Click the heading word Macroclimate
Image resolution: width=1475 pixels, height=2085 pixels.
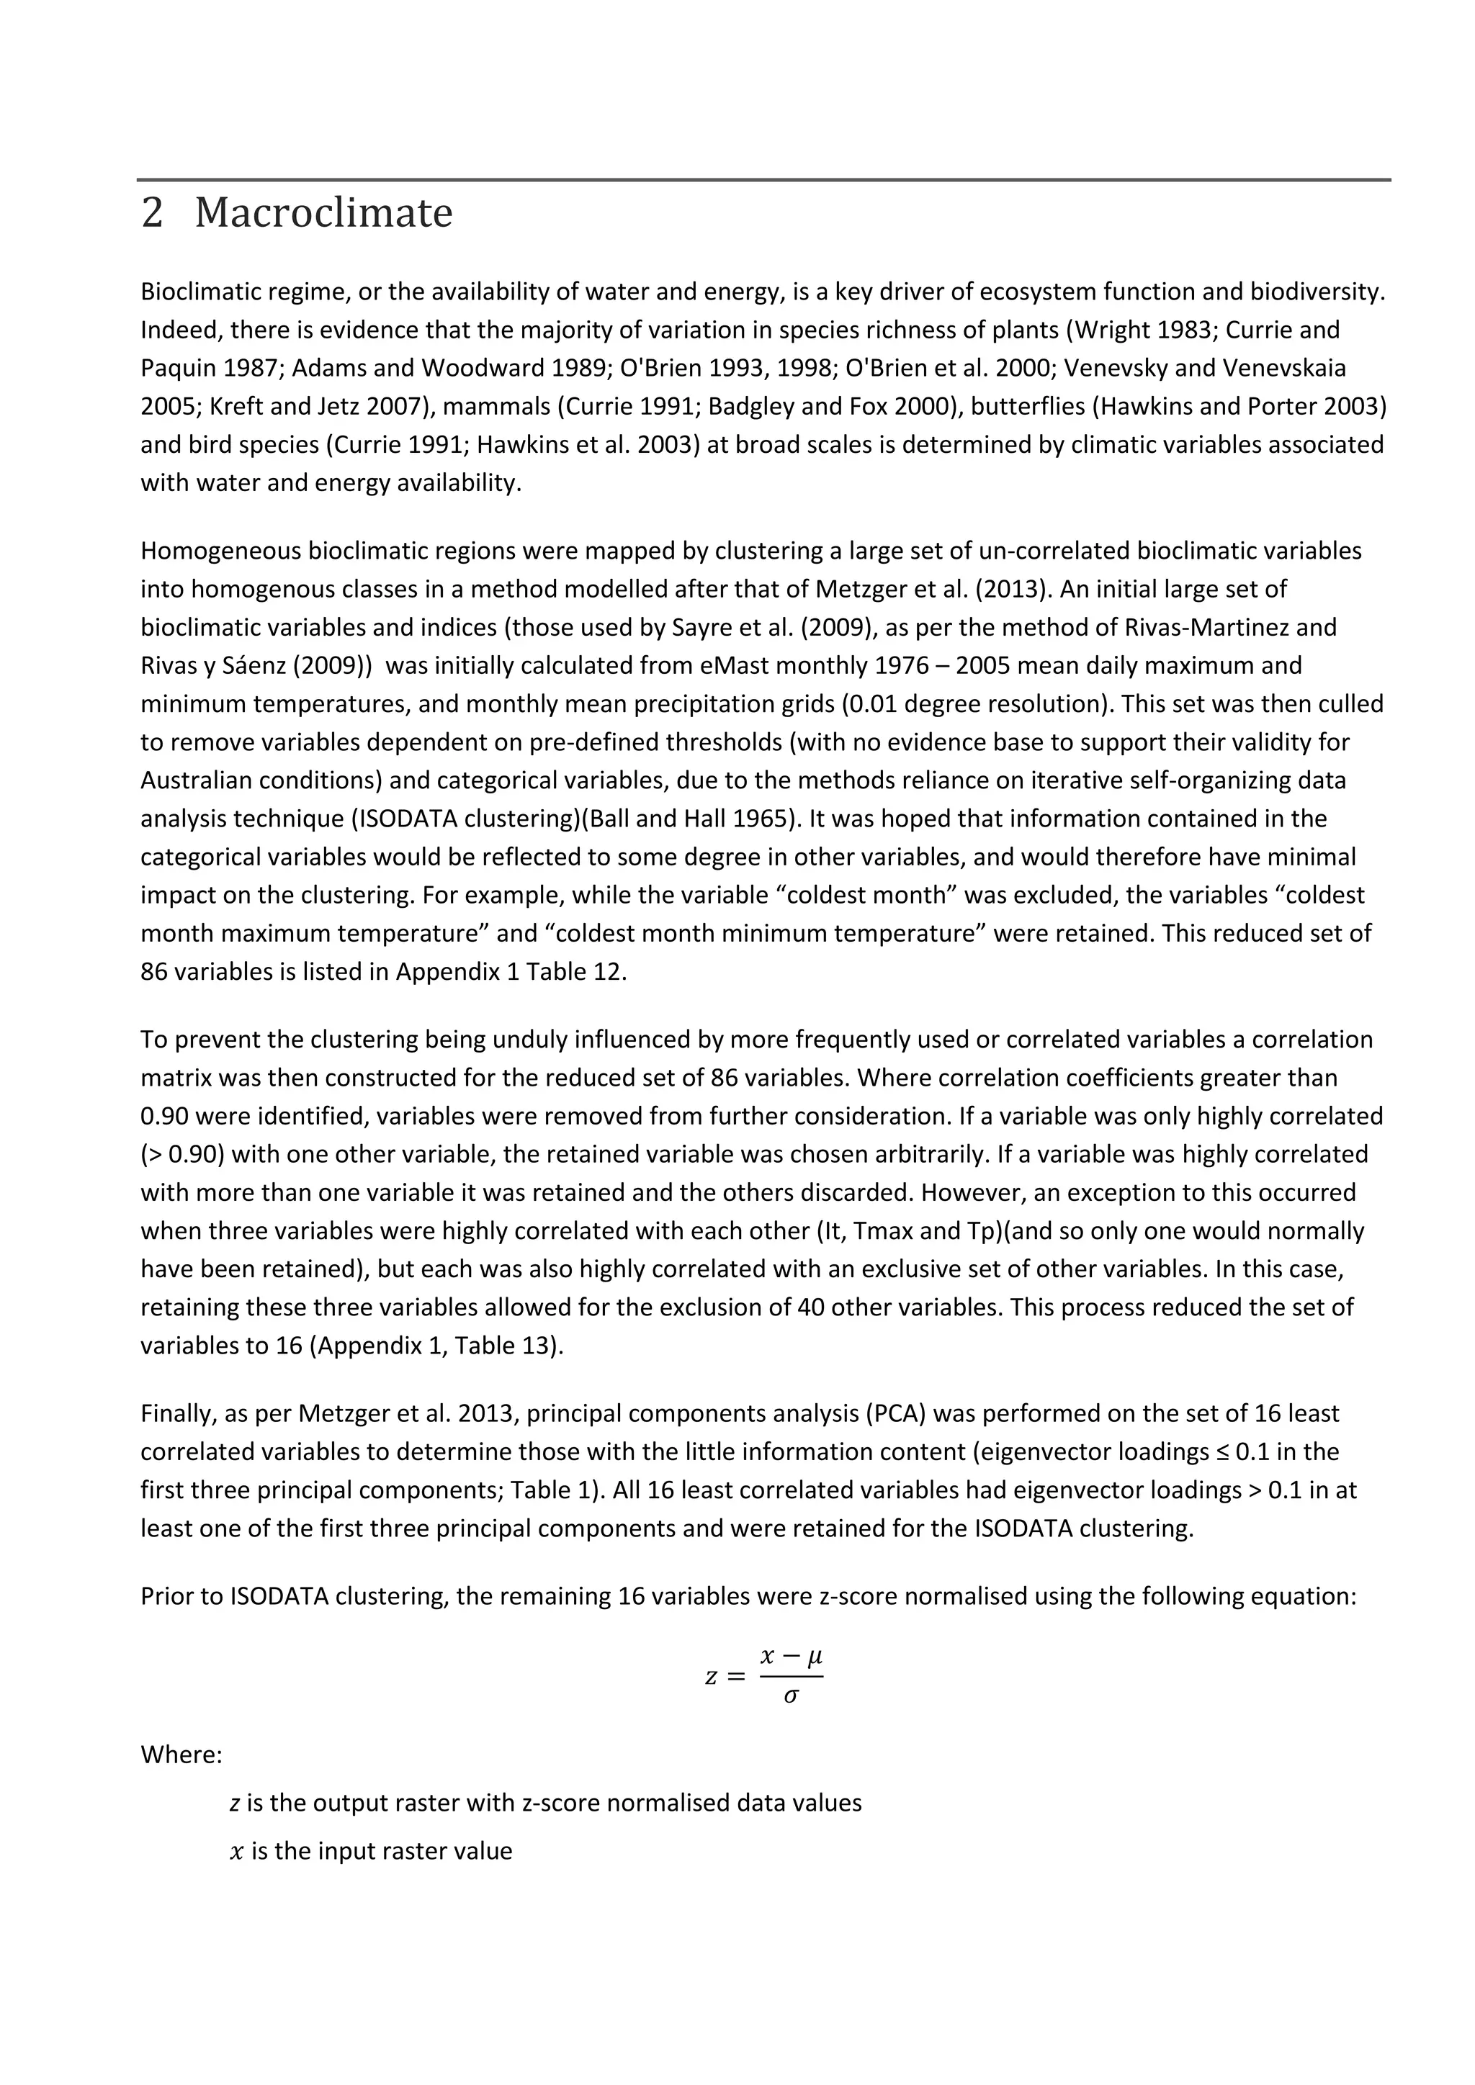(323, 213)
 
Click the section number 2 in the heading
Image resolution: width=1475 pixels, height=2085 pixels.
(153, 213)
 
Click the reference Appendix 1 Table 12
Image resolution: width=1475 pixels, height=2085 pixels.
(511, 972)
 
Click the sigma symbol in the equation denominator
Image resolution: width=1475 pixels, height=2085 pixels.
(790, 1696)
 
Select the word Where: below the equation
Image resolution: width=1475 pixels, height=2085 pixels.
(181, 1755)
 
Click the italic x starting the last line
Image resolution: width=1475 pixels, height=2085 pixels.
(238, 1852)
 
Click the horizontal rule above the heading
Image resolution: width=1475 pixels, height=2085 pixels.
(763, 180)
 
